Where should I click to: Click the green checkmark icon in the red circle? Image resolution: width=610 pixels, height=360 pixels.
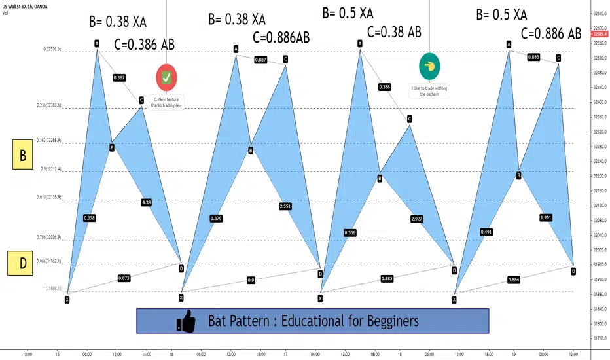point(167,77)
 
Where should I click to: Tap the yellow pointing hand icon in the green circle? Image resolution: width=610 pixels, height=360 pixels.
point(429,66)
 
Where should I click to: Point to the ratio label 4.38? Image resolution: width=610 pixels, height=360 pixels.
point(147,202)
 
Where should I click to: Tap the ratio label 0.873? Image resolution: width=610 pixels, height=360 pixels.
point(124,278)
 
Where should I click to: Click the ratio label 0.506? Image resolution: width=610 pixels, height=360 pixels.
point(350,232)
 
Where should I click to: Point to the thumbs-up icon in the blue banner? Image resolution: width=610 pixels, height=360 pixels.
point(187,321)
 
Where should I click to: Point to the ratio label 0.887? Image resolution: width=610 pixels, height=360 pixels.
point(260,60)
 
